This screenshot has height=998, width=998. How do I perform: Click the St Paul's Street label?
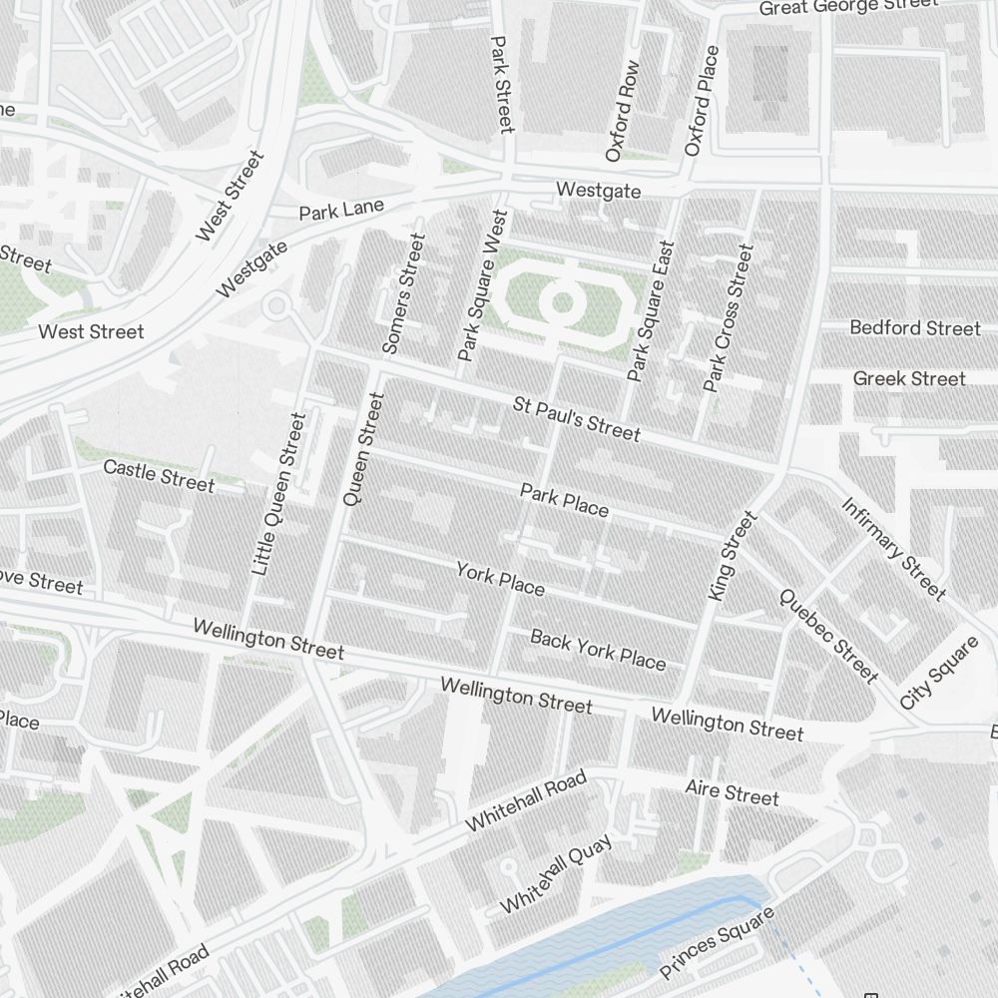click(x=576, y=419)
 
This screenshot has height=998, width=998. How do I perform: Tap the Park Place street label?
click(x=564, y=501)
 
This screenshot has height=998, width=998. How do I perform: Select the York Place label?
click(x=500, y=578)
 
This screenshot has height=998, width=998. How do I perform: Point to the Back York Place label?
click(x=597, y=649)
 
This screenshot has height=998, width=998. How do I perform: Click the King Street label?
click(x=733, y=556)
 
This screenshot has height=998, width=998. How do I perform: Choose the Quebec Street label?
click(x=827, y=636)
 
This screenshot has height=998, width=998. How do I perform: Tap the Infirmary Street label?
click(x=893, y=549)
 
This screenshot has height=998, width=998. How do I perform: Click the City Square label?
click(x=938, y=673)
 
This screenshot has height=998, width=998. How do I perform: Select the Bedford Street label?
click(x=914, y=327)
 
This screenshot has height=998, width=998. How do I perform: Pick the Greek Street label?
click(x=908, y=378)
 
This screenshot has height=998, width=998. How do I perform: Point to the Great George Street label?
click(x=848, y=6)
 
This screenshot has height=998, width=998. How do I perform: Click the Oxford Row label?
click(x=622, y=111)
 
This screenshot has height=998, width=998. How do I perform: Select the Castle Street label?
click(x=159, y=475)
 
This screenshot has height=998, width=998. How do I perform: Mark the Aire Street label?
click(x=732, y=793)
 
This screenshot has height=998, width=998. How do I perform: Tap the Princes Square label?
click(x=717, y=943)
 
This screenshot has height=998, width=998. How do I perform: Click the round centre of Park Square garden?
click(x=562, y=301)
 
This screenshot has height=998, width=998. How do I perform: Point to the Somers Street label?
click(x=403, y=293)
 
